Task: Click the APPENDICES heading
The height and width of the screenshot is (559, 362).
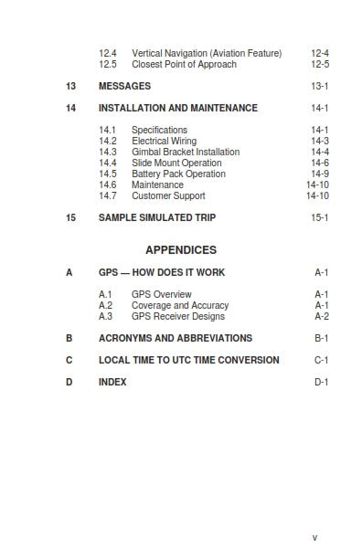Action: coord(181,249)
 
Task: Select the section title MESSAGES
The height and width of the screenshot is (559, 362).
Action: coord(124,86)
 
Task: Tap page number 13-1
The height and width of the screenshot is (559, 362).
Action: coord(319,86)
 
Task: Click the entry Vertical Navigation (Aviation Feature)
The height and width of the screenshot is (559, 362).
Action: coord(207,54)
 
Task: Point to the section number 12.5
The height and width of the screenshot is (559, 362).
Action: coord(108,65)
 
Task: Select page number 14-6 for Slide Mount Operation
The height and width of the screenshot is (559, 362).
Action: coord(319,163)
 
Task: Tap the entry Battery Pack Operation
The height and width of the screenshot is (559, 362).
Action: coord(178,174)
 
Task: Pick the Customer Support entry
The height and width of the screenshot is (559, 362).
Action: coord(168,196)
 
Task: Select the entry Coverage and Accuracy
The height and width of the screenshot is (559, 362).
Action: coord(180,306)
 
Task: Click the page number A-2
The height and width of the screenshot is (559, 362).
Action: coord(322,317)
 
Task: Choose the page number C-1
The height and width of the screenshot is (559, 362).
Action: coord(322,361)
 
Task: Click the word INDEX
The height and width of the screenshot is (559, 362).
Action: coord(112,383)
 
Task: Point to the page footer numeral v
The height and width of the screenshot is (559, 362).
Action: coord(314,538)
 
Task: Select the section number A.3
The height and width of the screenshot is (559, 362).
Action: coord(106,317)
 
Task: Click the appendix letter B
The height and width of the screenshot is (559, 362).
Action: coord(69,338)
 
